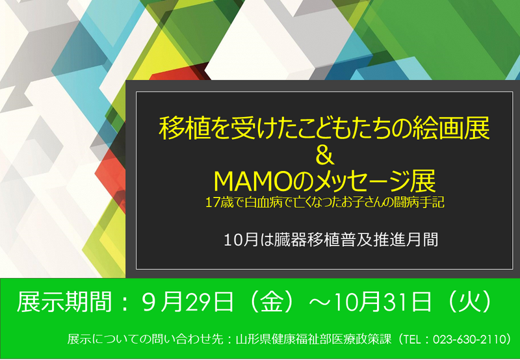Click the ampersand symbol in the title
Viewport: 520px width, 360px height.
tap(324, 156)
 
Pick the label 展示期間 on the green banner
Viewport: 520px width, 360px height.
tap(64, 302)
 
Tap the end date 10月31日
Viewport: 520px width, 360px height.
tap(382, 302)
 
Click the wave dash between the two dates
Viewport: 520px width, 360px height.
tap(320, 302)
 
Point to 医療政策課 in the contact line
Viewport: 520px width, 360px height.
tap(364, 339)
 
